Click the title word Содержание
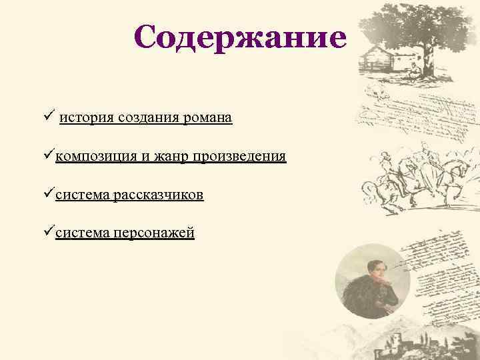[x=240, y=38]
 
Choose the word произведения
[x=239, y=157]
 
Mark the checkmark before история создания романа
[x=49, y=117]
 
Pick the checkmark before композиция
[x=49, y=156]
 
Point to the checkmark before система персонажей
[x=49, y=233]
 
